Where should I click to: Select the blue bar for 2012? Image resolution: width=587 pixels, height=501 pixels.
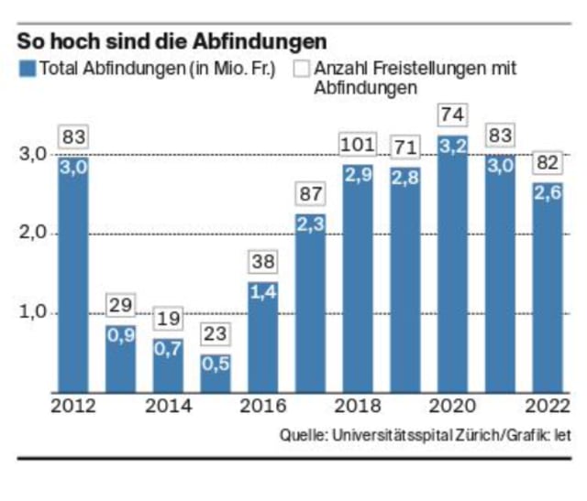tap(73, 275)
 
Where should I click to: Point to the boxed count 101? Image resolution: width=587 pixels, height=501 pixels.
tap(358, 147)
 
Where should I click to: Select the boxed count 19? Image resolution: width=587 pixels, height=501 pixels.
tap(169, 320)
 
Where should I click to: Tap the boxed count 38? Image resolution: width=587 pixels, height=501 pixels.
tap(264, 263)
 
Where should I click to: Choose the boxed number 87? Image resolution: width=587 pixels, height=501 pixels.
tap(311, 194)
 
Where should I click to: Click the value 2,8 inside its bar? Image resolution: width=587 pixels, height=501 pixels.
tap(405, 177)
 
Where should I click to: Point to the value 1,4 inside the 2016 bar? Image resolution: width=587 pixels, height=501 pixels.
tap(263, 292)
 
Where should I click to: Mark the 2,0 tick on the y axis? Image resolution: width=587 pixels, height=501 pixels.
tap(33, 234)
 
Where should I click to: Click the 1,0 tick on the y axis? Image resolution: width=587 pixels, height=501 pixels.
tap(33, 312)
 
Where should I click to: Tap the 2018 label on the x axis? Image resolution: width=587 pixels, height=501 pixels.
tap(358, 406)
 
